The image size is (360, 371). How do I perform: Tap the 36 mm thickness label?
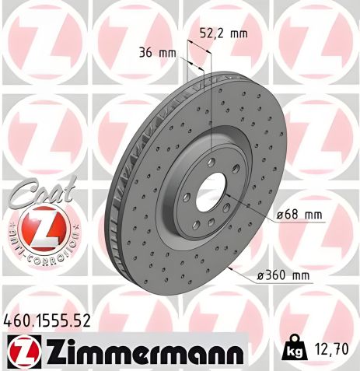tap(155, 54)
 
